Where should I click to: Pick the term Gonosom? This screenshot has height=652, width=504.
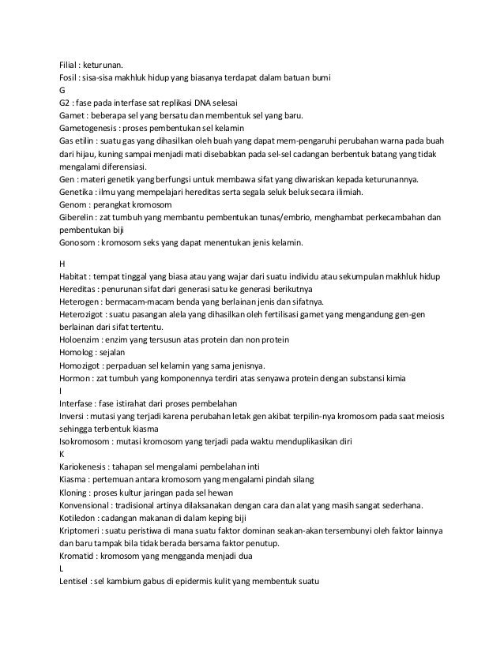pos(78,241)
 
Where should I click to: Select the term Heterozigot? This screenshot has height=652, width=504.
pos(85,314)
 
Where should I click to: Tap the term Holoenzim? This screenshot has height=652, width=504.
pos(81,339)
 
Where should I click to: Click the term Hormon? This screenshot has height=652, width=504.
pos(76,378)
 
